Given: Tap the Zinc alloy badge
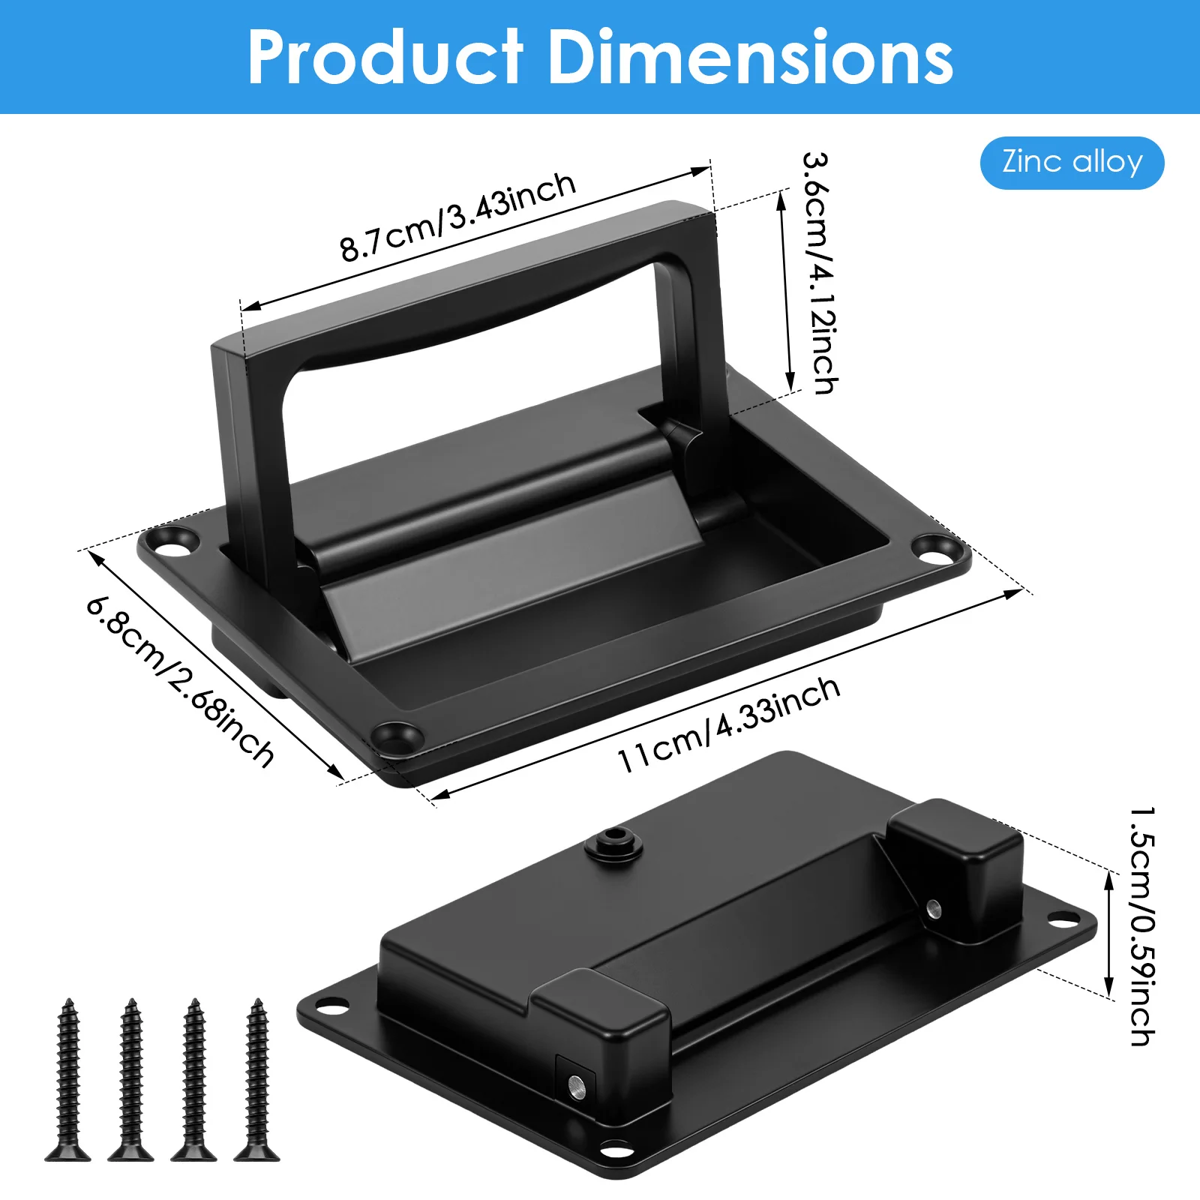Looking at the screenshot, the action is (x=1072, y=163).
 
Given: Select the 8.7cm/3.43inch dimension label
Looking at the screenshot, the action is (x=457, y=217).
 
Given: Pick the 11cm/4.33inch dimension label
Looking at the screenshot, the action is (x=728, y=724).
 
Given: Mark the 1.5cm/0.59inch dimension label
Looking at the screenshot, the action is (x=1142, y=926).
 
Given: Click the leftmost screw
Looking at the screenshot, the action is (x=68, y=1079).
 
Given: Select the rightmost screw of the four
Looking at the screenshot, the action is (x=257, y=1079).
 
